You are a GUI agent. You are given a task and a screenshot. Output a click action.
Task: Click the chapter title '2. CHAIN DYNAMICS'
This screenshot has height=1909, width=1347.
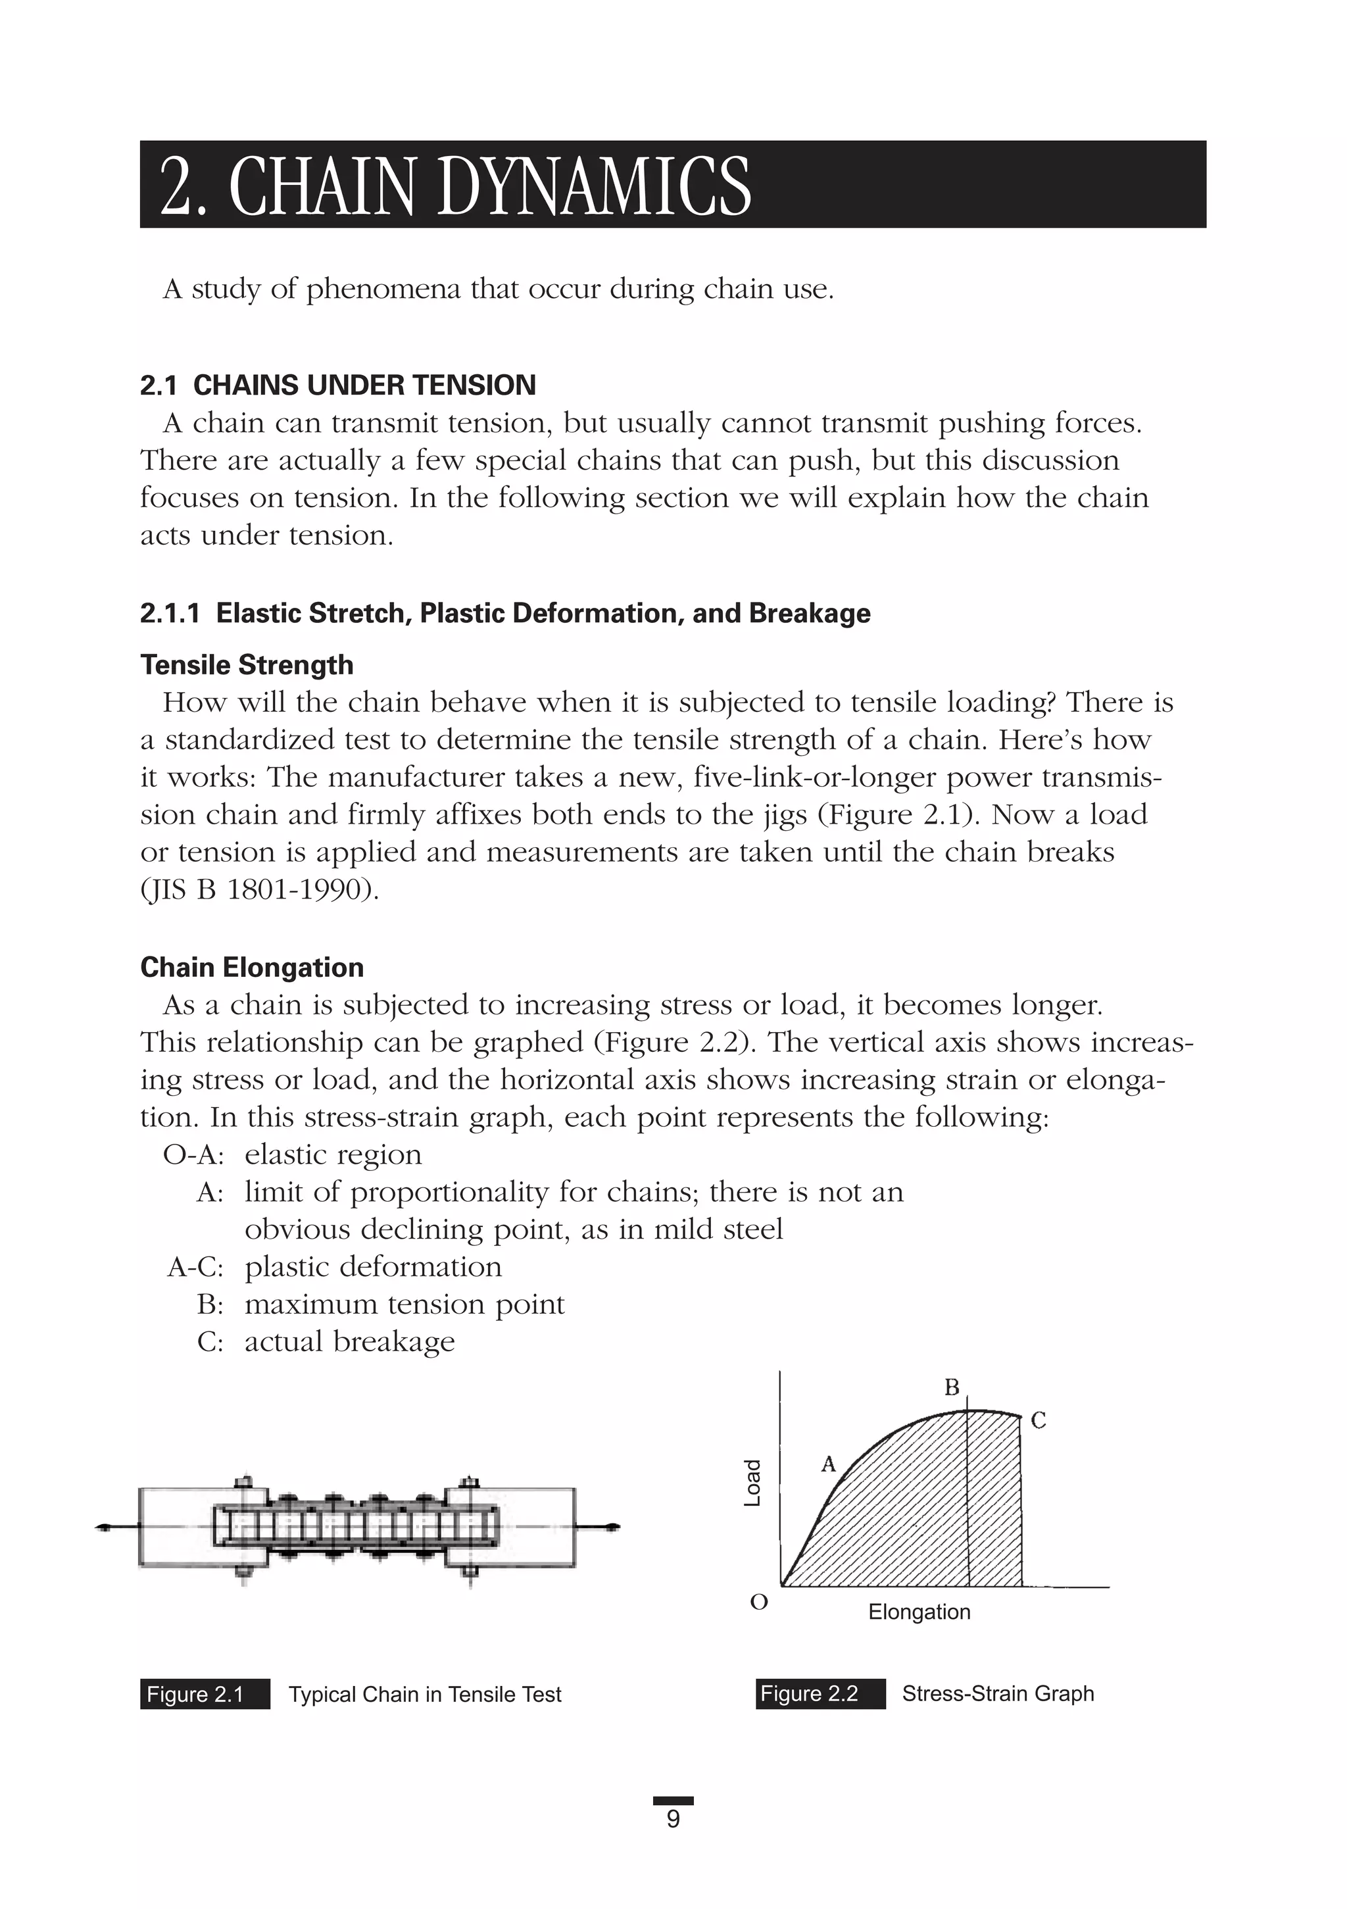455,186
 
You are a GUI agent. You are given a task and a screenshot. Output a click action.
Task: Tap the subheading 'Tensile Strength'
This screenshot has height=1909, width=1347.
246,664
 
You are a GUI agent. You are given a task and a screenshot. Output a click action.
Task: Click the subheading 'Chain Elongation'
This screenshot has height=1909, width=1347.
251,967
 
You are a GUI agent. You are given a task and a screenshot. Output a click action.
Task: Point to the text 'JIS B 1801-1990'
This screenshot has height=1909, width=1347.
258,889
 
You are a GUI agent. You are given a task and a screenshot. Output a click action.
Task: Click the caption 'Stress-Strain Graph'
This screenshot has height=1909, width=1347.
998,1693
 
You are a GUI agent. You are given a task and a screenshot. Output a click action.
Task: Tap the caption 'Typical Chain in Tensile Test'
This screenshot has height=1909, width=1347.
425,1694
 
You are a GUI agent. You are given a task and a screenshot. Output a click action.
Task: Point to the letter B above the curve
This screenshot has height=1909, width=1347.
952,1387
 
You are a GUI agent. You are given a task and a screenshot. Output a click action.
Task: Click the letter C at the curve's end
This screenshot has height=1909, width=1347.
1039,1420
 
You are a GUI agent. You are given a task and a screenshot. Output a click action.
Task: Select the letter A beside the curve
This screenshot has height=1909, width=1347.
828,1464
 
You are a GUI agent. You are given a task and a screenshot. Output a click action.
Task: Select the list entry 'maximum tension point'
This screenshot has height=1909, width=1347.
404,1304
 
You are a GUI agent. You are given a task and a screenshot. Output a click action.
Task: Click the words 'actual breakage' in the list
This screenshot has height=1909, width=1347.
349,1341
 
